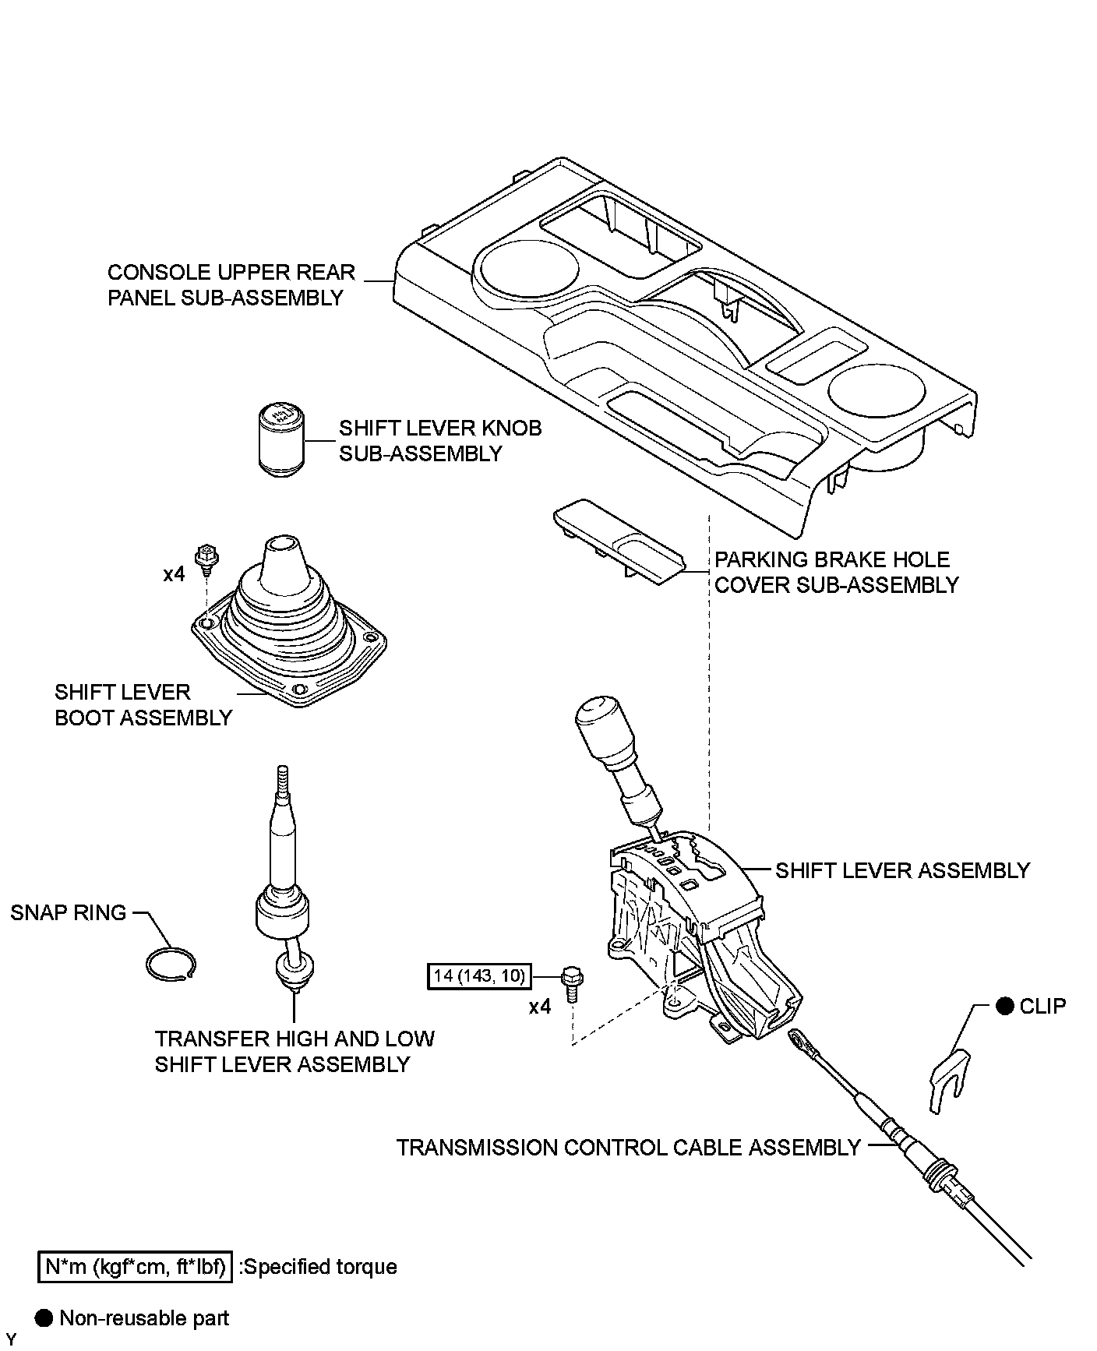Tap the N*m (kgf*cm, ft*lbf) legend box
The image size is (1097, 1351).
pyautogui.click(x=135, y=1267)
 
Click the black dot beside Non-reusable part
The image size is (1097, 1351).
pyautogui.click(x=44, y=1317)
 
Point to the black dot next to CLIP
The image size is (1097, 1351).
pyautogui.click(x=1005, y=1006)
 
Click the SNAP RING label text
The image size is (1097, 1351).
pyautogui.click(x=69, y=912)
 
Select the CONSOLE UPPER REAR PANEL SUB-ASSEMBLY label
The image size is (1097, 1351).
pyautogui.click(x=231, y=284)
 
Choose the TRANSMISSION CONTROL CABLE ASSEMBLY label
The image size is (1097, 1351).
pyautogui.click(x=628, y=1148)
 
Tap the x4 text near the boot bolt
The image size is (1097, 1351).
pyautogui.click(x=174, y=574)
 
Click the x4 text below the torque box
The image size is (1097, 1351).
pyautogui.click(x=540, y=1007)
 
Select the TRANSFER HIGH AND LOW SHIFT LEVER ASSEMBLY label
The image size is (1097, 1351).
pyautogui.click(x=294, y=1051)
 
